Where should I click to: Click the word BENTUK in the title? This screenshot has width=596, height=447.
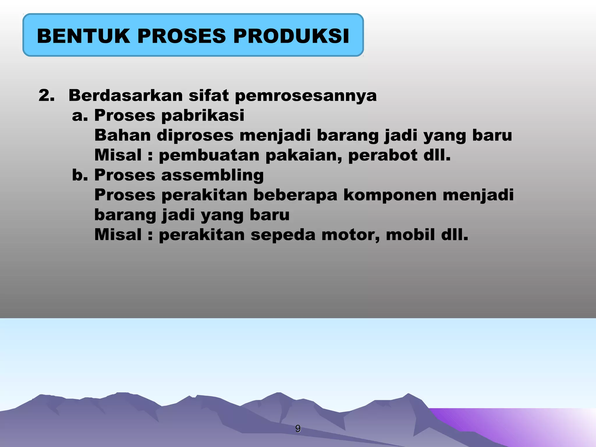pyautogui.click(x=84, y=36)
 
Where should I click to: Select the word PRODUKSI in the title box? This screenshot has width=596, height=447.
pyautogui.click(x=291, y=36)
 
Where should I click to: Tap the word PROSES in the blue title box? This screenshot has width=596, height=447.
pyautogui.click(x=181, y=36)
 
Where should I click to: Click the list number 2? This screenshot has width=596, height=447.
pyautogui.click(x=47, y=95)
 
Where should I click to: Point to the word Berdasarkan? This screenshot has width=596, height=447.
pyautogui.click(x=126, y=95)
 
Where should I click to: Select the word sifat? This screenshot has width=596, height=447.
pyautogui.click(x=209, y=95)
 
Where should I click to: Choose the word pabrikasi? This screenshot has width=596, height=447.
pyautogui.click(x=203, y=116)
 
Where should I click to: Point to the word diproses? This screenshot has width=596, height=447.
pyautogui.click(x=195, y=136)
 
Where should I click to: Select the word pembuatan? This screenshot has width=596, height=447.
pyautogui.click(x=209, y=155)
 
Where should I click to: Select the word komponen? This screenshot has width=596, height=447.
pyautogui.click(x=390, y=195)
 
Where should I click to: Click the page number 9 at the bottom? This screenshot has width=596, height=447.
pyautogui.click(x=298, y=428)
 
